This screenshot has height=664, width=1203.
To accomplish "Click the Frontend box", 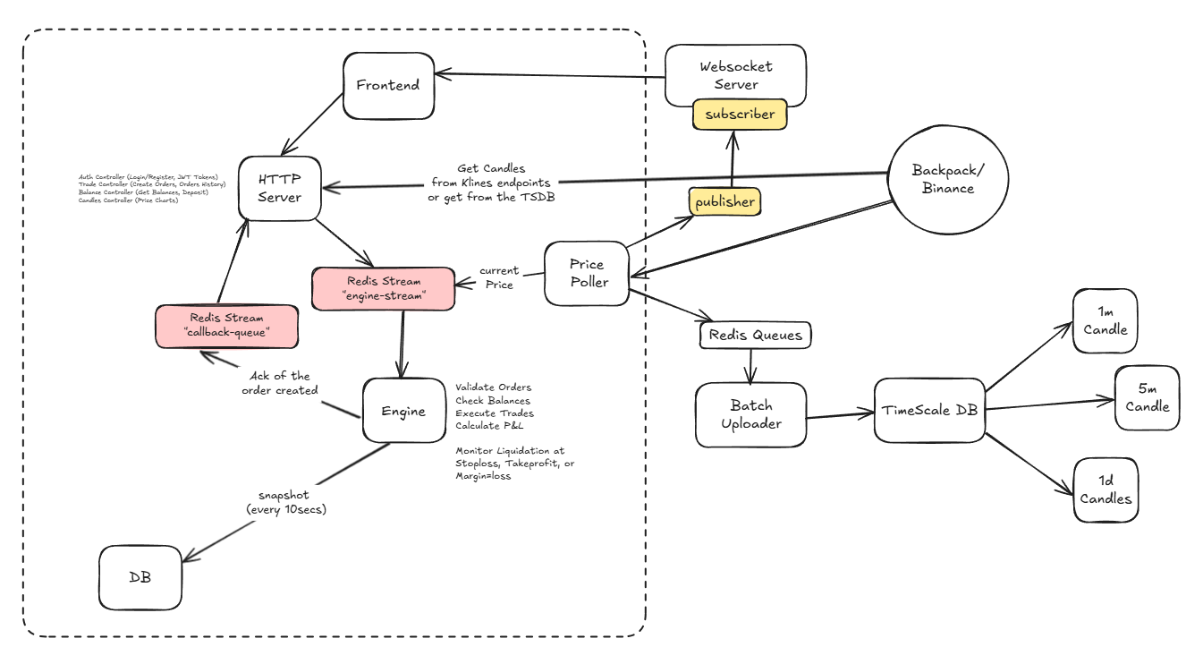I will click(388, 86).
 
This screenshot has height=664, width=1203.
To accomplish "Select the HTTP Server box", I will click(279, 188).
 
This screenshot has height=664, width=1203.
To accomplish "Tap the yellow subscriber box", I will click(739, 115).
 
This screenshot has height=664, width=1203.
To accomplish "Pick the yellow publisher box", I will click(724, 201).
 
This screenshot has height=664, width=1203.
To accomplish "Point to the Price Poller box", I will click(588, 273).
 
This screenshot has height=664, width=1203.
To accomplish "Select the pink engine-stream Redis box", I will click(383, 288).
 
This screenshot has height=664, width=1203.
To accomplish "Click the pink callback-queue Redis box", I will click(226, 327).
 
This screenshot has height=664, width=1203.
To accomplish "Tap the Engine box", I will click(403, 411).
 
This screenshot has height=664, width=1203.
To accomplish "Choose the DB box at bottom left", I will click(140, 577).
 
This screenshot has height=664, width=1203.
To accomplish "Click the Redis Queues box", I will click(756, 336).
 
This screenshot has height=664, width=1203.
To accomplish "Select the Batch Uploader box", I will click(750, 415).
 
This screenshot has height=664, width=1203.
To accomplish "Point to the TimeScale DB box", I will click(928, 411).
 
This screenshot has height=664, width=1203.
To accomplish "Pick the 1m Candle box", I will click(1105, 320).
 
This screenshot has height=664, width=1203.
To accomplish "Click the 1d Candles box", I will click(1106, 490).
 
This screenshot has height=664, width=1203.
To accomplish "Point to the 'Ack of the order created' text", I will click(281, 383).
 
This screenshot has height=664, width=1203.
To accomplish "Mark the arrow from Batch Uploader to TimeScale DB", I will click(839, 415).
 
